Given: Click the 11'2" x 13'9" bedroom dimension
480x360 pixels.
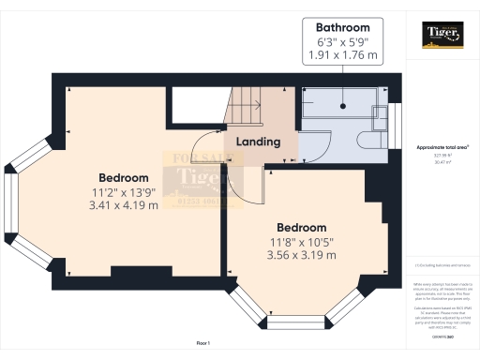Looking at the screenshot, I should click(124, 192).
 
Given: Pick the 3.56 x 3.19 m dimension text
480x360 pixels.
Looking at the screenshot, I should click(301, 255).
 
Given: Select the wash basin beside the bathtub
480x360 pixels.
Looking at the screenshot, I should click(379, 117).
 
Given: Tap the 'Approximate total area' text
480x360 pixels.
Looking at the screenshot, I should click(442, 148).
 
